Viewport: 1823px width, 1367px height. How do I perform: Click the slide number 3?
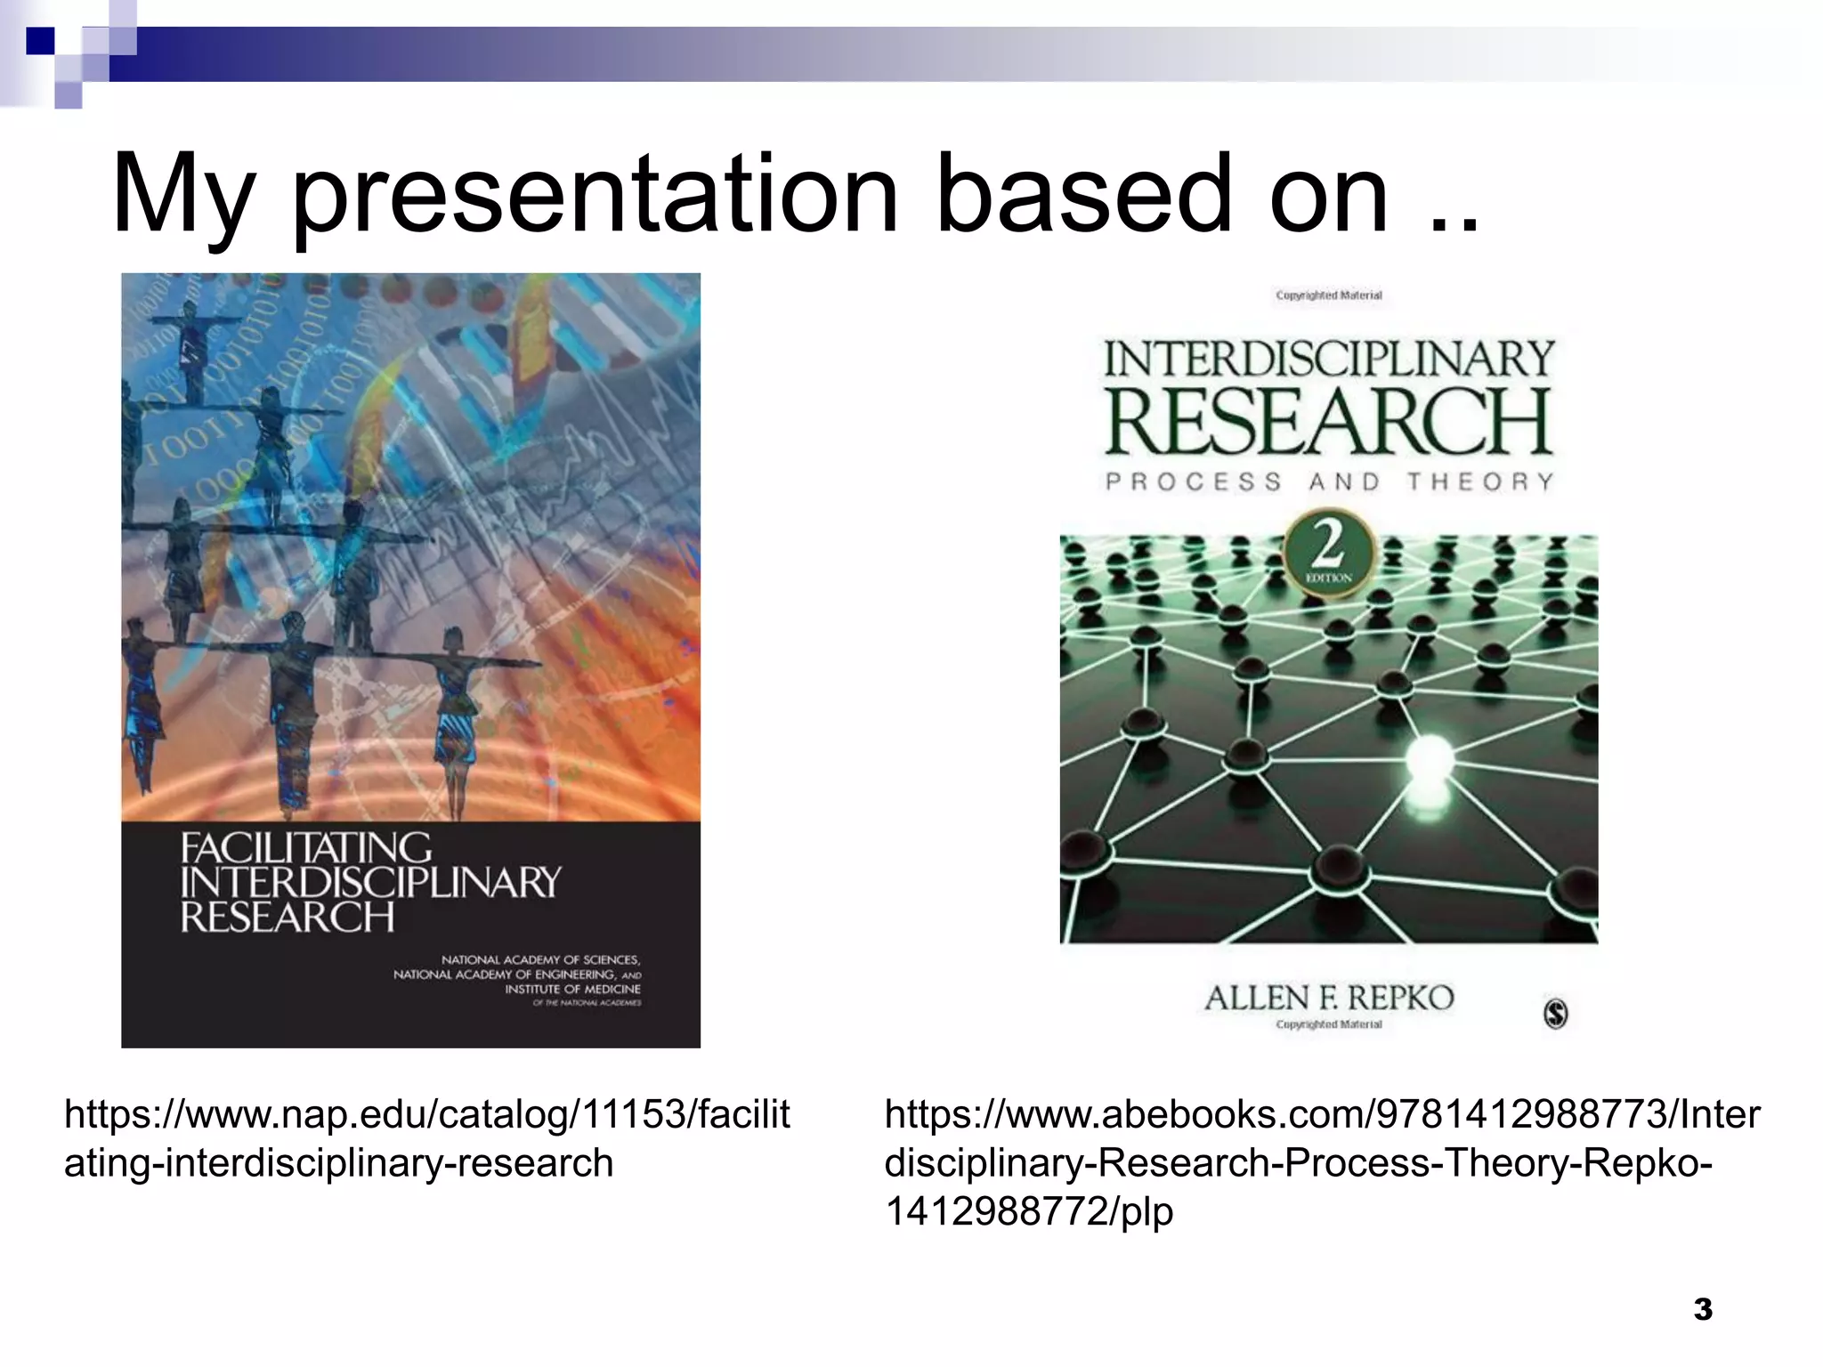1703,1309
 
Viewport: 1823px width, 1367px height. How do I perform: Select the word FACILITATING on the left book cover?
306,848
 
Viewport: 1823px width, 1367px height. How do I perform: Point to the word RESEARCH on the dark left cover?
288,918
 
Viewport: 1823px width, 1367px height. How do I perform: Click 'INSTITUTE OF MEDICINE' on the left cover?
572,989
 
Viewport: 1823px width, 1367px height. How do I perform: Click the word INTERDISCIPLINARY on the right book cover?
1329,359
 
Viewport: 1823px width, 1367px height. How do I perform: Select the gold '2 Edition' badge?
1328,554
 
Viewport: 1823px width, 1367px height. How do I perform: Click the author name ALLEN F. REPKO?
1329,998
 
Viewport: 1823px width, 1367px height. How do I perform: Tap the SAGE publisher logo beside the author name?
1555,1014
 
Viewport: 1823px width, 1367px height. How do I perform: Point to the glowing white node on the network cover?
1429,757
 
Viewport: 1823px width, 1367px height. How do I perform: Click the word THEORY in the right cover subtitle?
1480,481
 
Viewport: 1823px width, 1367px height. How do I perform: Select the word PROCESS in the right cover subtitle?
1193,481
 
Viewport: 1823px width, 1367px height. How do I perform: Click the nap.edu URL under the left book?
426,1138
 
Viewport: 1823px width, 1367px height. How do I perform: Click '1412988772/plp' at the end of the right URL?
1029,1211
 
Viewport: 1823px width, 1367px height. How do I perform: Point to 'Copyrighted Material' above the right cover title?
1329,295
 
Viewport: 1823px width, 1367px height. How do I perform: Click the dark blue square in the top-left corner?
40,41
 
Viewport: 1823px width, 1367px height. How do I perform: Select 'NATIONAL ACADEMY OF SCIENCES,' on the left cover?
540,959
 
